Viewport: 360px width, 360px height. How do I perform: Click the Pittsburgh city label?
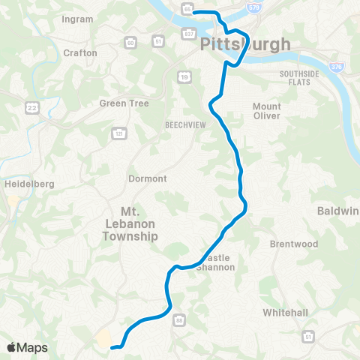click(x=245, y=45)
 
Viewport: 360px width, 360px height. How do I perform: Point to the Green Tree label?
click(x=124, y=103)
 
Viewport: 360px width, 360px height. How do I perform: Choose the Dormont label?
click(x=148, y=178)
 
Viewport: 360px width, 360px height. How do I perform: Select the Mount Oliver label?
click(x=266, y=111)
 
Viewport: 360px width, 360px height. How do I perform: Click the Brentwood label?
click(x=294, y=244)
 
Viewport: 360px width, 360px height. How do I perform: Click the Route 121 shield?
click(x=118, y=133)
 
